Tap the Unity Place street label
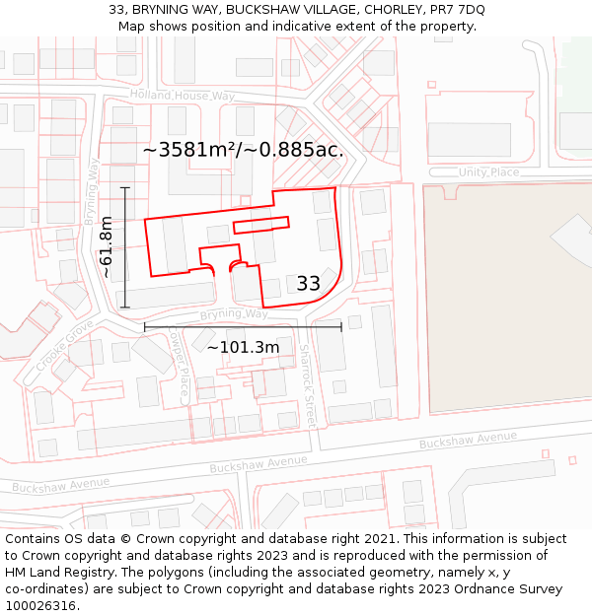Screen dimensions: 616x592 [x=488, y=172]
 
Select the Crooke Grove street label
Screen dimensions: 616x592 [x=65, y=345]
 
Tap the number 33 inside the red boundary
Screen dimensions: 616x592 [x=308, y=284]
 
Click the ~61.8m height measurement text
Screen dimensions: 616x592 [x=107, y=246]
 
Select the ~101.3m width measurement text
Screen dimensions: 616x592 [x=243, y=347]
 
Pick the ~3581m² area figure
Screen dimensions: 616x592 [x=189, y=150]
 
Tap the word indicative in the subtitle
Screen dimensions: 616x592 [x=297, y=27]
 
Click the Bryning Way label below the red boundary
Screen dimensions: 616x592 [x=234, y=314]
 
